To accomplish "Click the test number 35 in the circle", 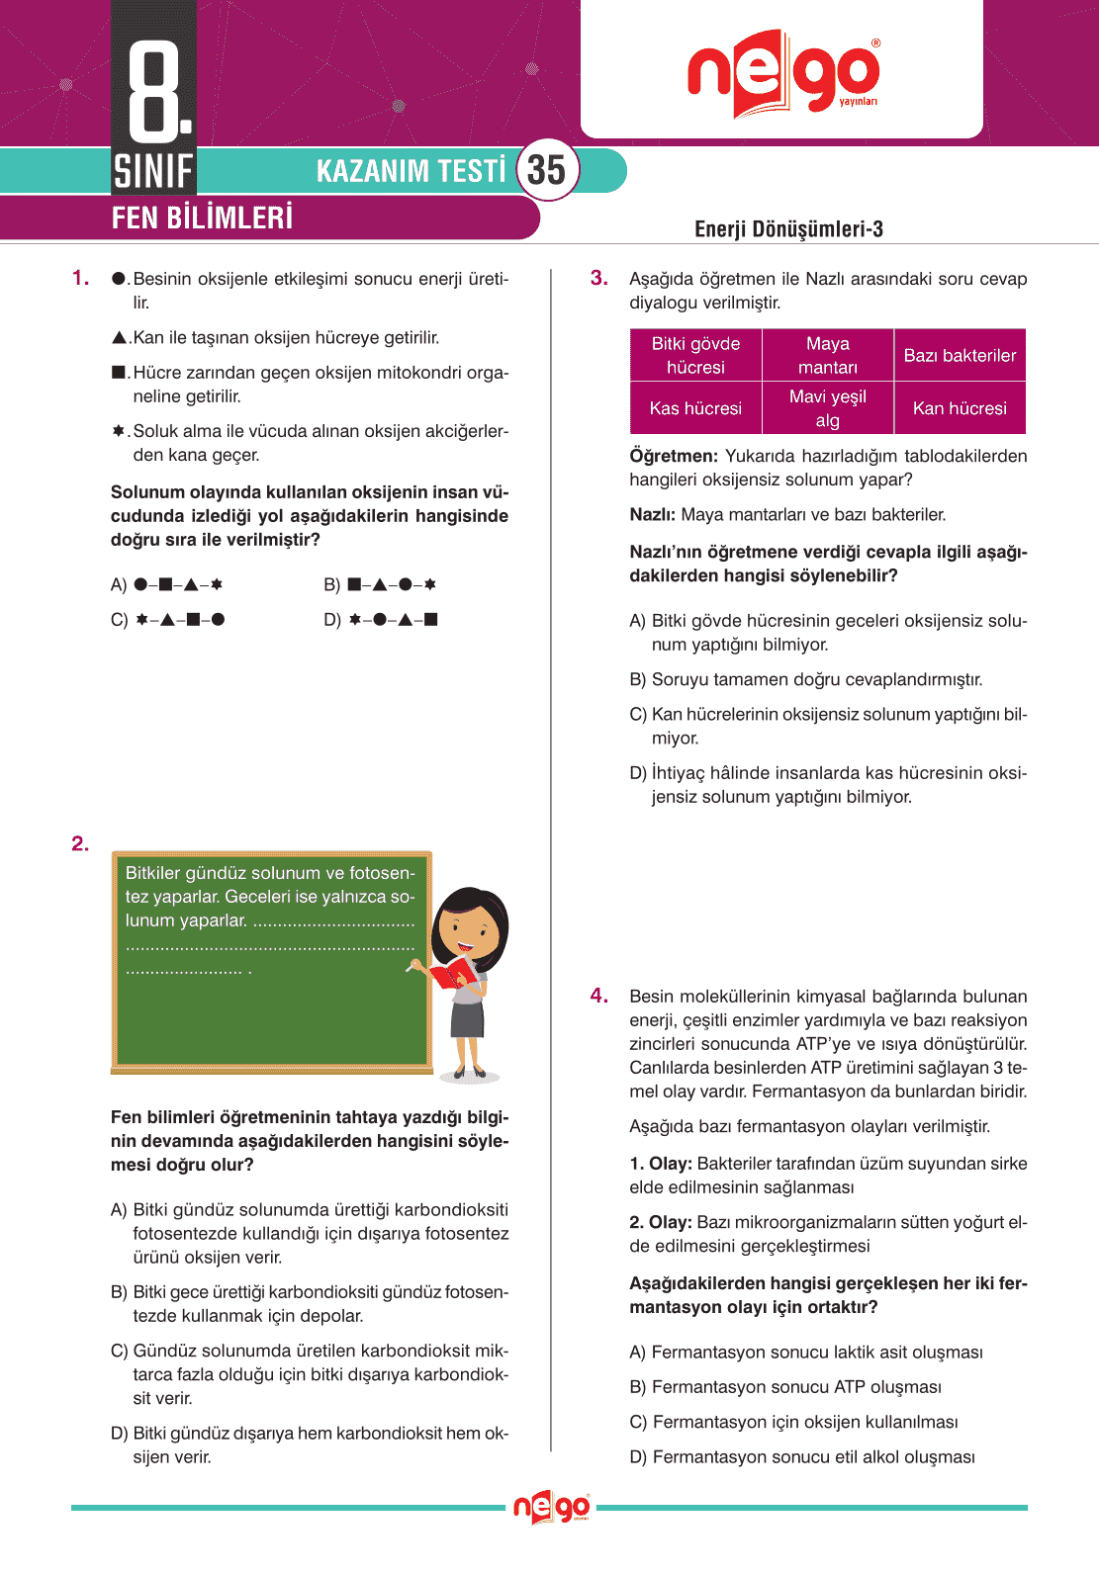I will point(546,170).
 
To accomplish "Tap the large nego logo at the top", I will point(783,73).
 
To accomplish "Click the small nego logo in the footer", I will point(551,1508).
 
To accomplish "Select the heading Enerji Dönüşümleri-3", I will point(788,229).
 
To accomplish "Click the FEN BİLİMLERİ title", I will point(202,218).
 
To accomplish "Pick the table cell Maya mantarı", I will point(828,355).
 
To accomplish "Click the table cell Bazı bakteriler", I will point(960,355).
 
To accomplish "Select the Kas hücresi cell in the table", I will point(695,408).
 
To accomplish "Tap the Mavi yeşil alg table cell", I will point(828,408).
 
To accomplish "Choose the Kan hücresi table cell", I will point(960,408).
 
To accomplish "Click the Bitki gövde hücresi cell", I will point(695,355).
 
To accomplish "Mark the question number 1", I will point(80,278).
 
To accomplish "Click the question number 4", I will point(598,996).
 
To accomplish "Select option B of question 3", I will point(806,679).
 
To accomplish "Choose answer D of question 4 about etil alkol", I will point(802,1456).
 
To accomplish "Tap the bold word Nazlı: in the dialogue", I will point(653,514).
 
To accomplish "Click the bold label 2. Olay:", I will point(661,1222).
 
